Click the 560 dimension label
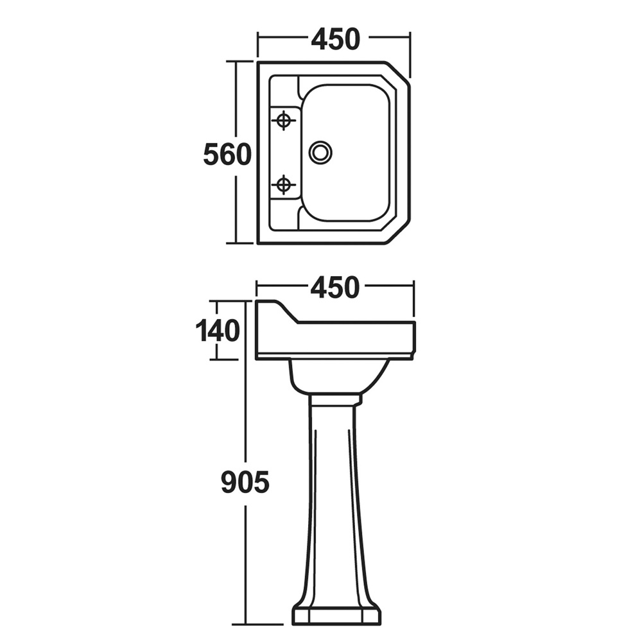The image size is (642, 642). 227,154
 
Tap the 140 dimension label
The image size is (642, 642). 218,331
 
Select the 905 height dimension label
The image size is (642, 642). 245,481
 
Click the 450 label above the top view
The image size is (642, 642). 336,39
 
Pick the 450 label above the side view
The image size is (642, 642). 335,287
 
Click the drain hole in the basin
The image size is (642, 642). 320,153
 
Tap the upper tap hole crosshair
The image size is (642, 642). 283,121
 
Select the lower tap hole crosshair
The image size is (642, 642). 283,186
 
